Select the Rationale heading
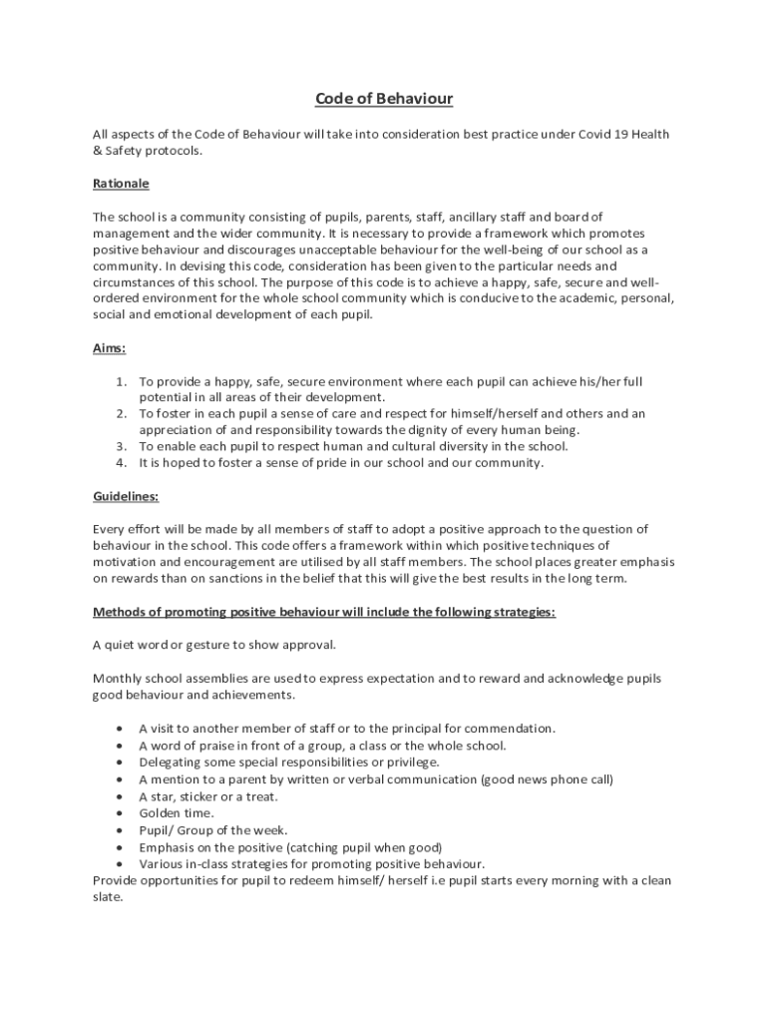(121, 184)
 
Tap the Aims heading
(109, 348)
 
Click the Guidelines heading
(126, 496)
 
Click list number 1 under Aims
(121, 381)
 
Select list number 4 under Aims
(121, 462)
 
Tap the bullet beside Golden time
(121, 813)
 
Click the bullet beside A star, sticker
(121, 796)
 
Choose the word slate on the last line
(107, 896)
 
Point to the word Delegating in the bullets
(171, 762)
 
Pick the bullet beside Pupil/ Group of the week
(121, 830)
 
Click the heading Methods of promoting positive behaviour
(323, 612)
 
